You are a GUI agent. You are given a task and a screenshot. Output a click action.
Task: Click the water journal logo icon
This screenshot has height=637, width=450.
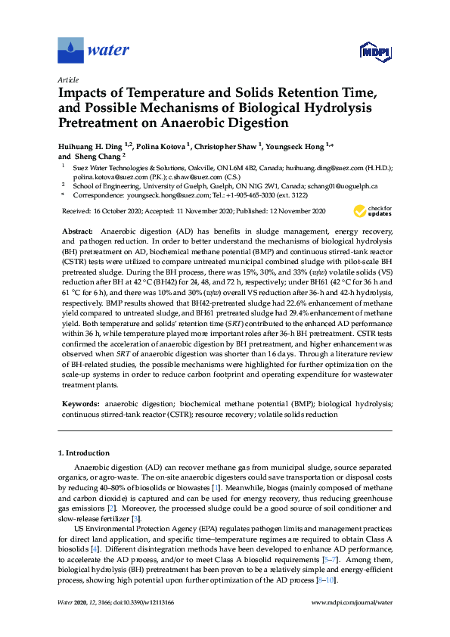pos(70,50)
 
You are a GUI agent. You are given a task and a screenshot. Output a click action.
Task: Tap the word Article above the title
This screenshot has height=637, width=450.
pos(67,79)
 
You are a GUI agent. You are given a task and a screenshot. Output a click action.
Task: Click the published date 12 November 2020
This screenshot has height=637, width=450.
pos(291,211)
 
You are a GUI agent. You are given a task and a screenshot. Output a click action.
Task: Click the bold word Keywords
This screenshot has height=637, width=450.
pos(79,406)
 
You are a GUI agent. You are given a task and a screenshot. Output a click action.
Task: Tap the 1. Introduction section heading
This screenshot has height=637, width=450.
pos(84,453)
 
